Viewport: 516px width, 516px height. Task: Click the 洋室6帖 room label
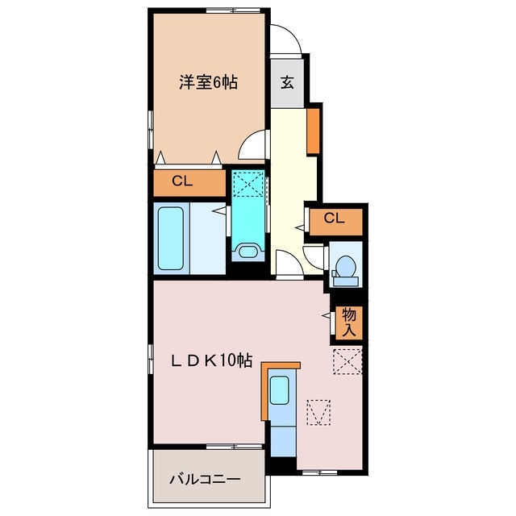click(x=208, y=82)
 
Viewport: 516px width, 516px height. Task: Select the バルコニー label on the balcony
click(x=205, y=479)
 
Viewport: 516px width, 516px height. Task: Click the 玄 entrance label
click(x=287, y=82)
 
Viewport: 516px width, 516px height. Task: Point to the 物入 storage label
click(x=349, y=322)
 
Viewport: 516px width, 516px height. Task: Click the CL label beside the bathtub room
click(x=182, y=182)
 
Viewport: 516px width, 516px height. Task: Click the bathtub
click(x=170, y=239)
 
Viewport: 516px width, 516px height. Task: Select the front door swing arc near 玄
click(x=286, y=39)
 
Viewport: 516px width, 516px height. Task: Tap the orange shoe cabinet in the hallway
click(x=314, y=129)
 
